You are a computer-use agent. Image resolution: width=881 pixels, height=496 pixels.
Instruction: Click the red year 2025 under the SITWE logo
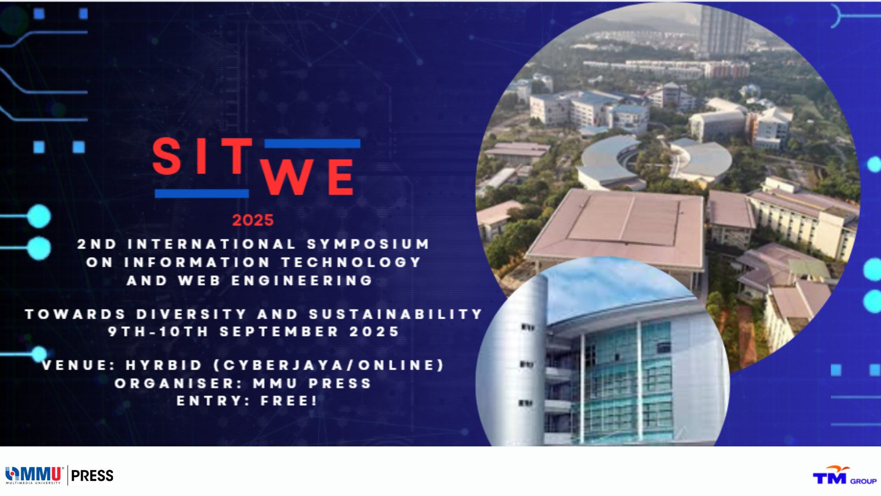click(x=253, y=220)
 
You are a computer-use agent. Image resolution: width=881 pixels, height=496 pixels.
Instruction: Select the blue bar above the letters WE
click(x=312, y=144)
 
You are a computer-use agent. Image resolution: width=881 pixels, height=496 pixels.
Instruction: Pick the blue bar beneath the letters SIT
click(x=202, y=193)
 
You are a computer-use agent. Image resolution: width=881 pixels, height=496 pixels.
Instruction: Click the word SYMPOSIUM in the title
click(x=368, y=244)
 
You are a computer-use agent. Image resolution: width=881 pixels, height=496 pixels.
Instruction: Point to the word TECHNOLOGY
click(x=351, y=262)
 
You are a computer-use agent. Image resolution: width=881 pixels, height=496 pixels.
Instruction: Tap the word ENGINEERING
click(x=301, y=281)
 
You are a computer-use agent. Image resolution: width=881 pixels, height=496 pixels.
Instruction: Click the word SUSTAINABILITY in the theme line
click(x=396, y=314)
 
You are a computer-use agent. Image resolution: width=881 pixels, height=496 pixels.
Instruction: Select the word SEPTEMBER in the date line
click(x=279, y=332)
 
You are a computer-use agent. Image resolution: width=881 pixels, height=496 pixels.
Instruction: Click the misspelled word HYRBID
click(x=164, y=365)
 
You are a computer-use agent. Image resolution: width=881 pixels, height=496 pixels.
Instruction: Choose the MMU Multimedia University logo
click(x=34, y=475)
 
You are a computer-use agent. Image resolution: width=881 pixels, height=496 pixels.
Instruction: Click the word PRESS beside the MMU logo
click(x=92, y=476)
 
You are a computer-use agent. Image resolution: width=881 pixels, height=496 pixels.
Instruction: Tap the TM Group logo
click(x=844, y=475)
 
